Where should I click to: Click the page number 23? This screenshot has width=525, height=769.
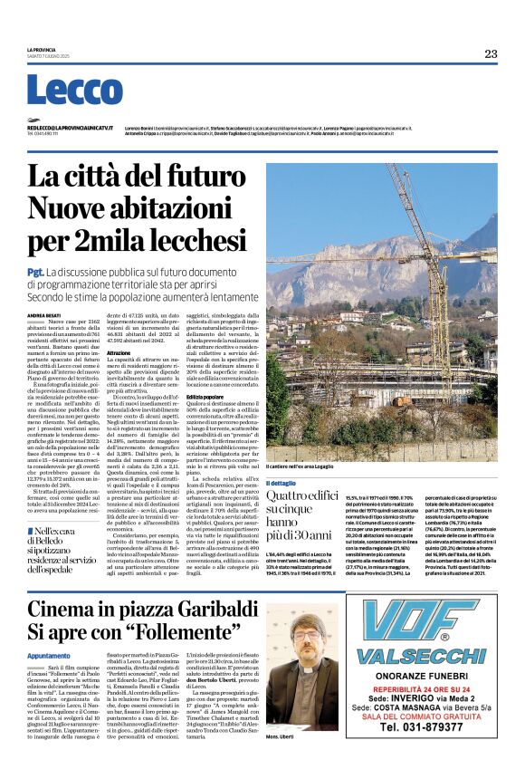click(x=491, y=53)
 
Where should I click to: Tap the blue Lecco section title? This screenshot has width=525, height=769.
click(x=62, y=91)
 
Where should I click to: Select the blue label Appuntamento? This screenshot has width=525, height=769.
click(x=48, y=654)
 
